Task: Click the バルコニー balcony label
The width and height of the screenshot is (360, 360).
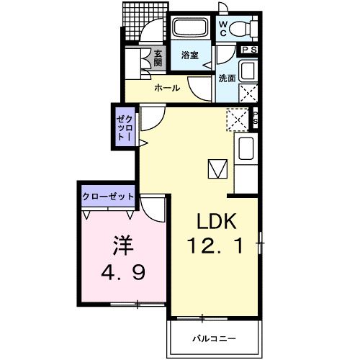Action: [215, 338]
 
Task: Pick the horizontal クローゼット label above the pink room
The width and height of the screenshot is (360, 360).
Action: [109, 195]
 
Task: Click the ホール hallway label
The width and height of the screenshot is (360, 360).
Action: [167, 89]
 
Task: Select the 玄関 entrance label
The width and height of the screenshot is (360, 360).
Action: [158, 58]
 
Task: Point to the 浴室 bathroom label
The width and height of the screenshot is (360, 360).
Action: [190, 55]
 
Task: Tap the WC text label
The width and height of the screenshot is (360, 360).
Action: [222, 28]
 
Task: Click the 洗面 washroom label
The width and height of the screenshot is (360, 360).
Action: [227, 78]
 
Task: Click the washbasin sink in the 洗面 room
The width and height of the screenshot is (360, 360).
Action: [247, 71]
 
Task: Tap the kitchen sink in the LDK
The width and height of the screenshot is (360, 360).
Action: [245, 150]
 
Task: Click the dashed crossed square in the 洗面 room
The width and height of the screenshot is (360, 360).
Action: [247, 93]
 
